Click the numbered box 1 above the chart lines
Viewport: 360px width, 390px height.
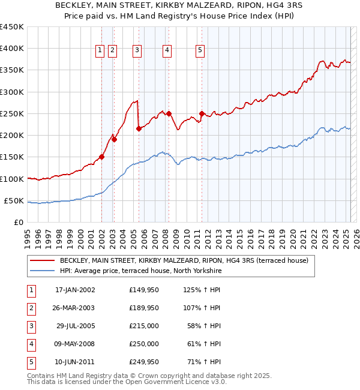(100, 50)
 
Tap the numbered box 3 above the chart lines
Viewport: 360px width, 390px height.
(137, 50)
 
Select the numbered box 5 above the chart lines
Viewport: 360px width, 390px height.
(200, 50)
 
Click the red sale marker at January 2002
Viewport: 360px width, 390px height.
(102, 157)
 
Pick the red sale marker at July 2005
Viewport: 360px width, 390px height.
(139, 128)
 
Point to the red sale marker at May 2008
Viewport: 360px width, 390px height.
(169, 113)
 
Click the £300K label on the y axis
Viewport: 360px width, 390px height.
(12, 92)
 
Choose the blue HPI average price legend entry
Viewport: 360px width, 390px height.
(141, 271)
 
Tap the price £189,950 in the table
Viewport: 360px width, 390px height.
(144, 308)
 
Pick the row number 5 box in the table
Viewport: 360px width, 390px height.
(31, 362)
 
